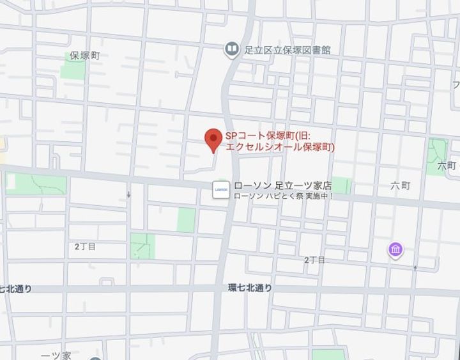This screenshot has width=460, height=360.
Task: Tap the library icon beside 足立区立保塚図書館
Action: point(231,49)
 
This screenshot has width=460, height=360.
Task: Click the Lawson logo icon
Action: point(220,190)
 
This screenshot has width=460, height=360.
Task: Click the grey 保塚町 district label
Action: point(85,56)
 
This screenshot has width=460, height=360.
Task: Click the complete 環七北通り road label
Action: point(250,288)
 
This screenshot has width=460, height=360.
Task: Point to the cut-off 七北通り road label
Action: point(16,289)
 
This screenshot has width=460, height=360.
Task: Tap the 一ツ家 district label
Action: point(56,355)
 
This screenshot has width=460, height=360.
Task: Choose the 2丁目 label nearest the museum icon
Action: point(314,260)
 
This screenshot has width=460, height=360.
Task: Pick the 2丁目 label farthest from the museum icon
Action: point(85,246)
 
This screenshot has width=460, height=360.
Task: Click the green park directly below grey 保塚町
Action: point(73,70)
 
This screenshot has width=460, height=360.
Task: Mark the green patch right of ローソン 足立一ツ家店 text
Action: point(341,185)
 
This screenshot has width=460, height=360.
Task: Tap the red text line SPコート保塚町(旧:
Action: point(268,136)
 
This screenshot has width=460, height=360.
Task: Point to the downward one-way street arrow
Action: point(128,194)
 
